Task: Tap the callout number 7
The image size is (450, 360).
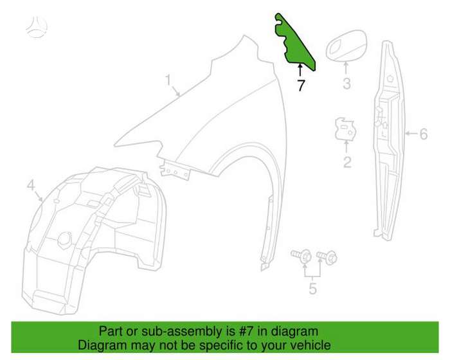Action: [x=300, y=85]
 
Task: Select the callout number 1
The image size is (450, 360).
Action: [x=168, y=80]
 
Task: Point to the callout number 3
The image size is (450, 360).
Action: [x=346, y=84]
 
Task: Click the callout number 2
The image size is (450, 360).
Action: [x=347, y=162]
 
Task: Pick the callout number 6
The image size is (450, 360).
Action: [x=424, y=134]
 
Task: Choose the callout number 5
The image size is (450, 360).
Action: [x=312, y=288]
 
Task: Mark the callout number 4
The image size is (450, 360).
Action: [x=31, y=185]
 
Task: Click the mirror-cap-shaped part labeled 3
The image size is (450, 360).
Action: [x=346, y=45]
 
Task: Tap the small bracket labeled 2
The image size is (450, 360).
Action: [x=346, y=129]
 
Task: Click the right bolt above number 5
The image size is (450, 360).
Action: [x=327, y=256]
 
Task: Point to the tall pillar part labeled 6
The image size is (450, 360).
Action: [x=389, y=141]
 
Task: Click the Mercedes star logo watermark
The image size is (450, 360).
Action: [x=37, y=27]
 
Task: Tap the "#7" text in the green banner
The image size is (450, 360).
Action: [x=246, y=331]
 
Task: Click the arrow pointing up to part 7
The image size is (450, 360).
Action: [x=300, y=70]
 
